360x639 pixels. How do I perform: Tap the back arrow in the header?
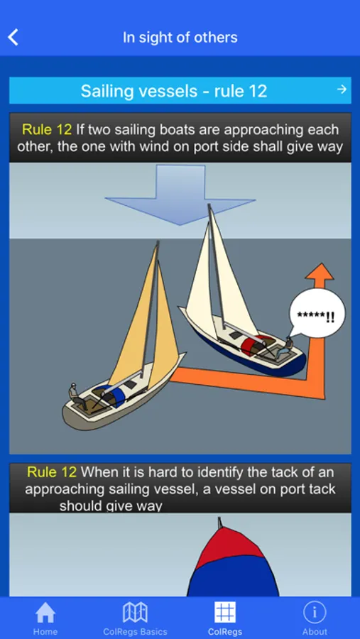coord(13,38)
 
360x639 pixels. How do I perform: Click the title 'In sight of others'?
coord(180,38)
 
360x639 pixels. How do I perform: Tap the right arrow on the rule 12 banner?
coord(342,89)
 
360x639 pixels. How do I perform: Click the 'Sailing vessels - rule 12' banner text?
coord(174,90)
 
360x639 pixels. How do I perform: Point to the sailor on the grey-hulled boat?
coord(77,396)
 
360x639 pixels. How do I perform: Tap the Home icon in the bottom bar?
coord(45,613)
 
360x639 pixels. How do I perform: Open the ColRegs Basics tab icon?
coord(135,613)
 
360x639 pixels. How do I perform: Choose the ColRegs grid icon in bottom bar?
coord(225,613)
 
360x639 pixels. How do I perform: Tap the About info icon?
coord(315,613)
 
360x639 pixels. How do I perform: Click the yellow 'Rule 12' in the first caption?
coord(47,130)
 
